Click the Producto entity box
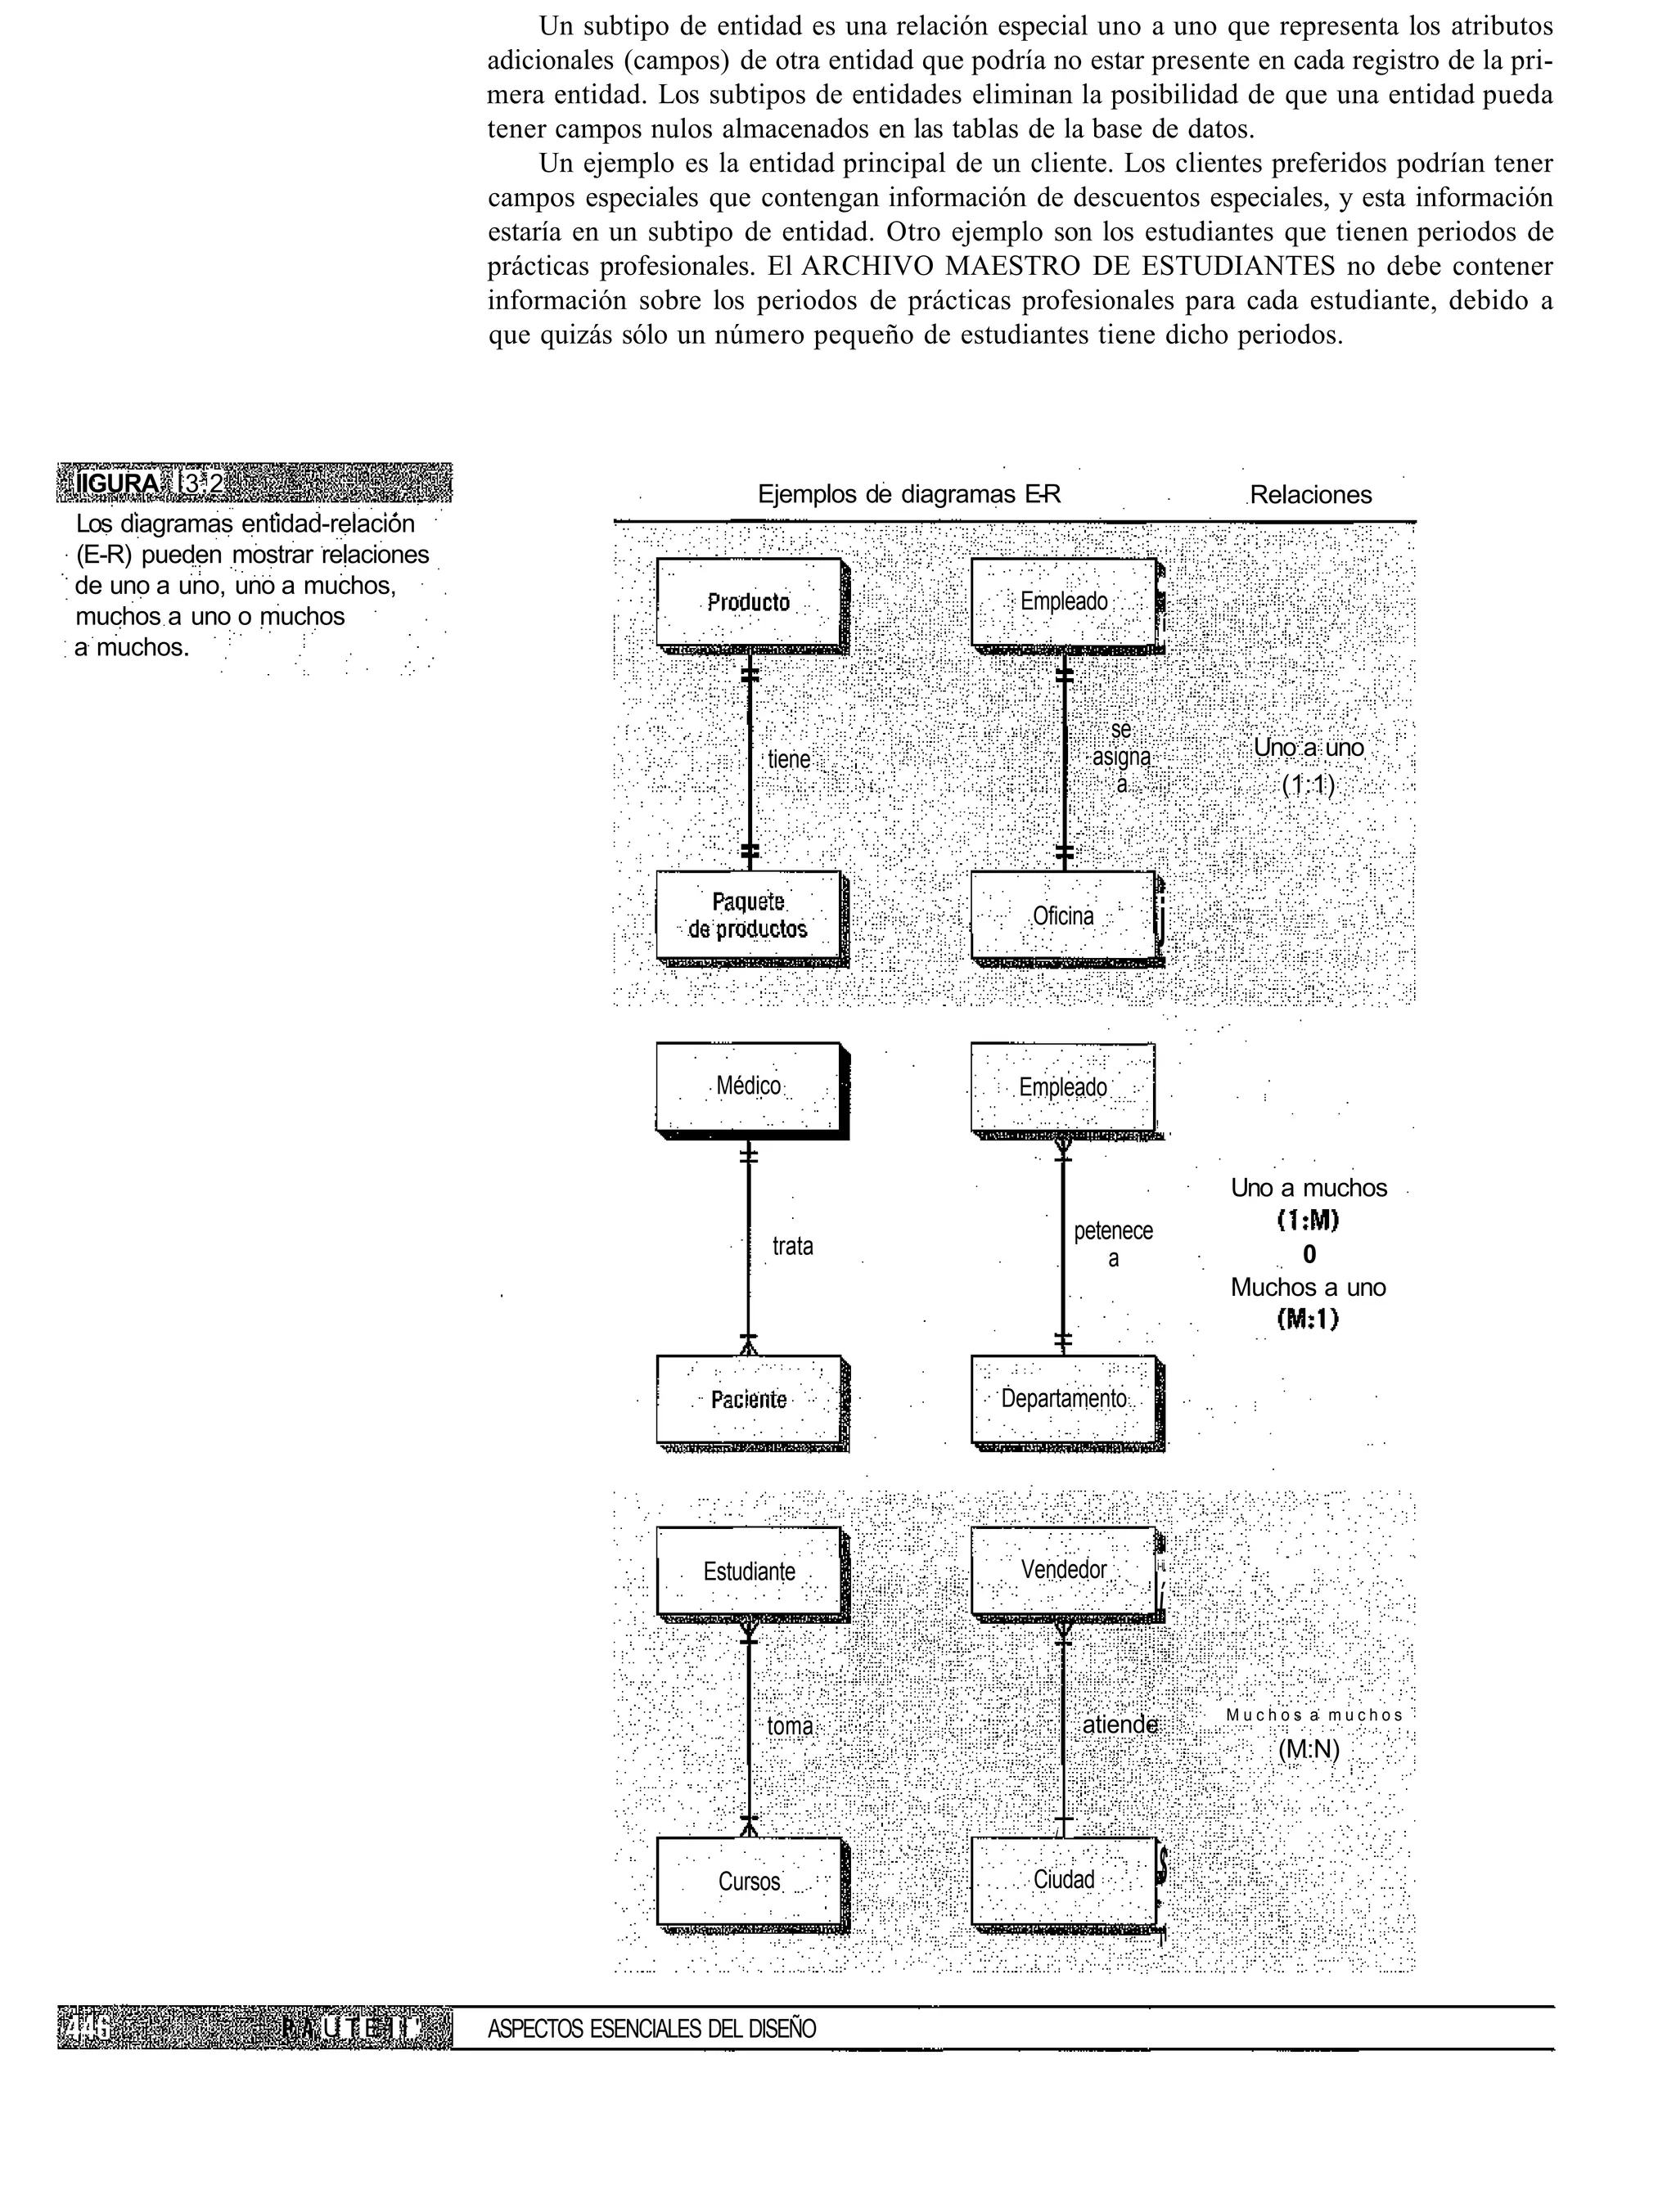coord(748,602)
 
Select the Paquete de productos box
coord(748,915)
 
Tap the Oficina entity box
coord(1064,915)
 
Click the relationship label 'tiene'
coord(788,760)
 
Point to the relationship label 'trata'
coord(792,1246)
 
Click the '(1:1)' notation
coord(1307,786)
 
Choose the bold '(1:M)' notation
coord(1308,1221)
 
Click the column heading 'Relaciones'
coord(1310,495)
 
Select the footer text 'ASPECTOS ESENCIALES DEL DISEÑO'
coord(651,2029)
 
